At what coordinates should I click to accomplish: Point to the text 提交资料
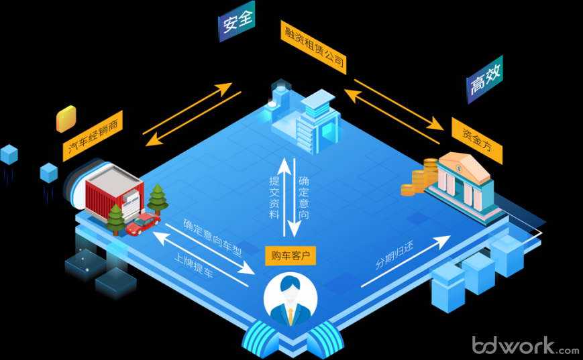point(274,196)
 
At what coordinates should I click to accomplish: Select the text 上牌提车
point(193,267)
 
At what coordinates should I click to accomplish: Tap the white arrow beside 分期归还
point(407,262)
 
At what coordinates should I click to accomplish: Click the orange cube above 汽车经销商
point(65,118)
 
